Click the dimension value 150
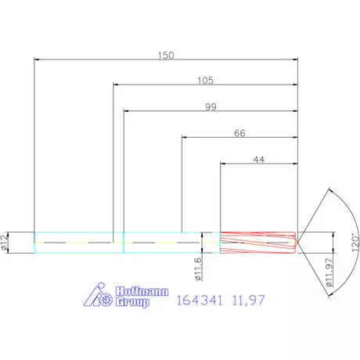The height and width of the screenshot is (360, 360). [166, 56]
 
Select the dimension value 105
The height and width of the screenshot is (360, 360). [206, 81]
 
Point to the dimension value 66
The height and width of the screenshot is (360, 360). [239, 133]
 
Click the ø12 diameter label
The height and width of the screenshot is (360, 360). [6, 243]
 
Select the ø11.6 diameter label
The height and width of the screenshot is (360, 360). [197, 268]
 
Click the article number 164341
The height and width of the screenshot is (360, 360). [200, 300]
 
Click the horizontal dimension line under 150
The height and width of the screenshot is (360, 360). [166, 61]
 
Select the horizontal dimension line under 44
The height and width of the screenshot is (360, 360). [258, 164]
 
